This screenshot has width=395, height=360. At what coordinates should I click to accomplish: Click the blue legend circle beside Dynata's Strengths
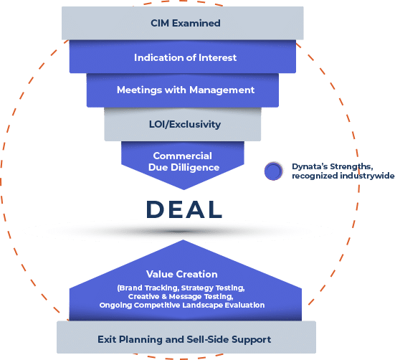tap(273, 171)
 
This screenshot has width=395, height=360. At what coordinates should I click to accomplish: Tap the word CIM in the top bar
tap(160, 23)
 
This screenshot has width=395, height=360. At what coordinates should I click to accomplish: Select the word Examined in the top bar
tap(196, 23)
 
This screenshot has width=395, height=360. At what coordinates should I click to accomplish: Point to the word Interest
tap(218, 57)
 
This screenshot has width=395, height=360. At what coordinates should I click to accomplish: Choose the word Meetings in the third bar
tap(139, 90)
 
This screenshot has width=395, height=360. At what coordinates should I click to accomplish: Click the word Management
tap(222, 90)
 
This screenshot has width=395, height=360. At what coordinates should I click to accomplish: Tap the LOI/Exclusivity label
tap(185, 124)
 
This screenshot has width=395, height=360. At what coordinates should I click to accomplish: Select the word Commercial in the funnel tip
tap(183, 156)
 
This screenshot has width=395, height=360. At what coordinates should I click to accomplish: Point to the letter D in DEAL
tap(155, 209)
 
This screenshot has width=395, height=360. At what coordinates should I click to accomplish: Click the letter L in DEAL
tap(216, 209)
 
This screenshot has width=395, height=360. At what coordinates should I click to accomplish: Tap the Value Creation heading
tap(182, 274)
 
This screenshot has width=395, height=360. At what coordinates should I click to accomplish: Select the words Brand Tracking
tap(148, 288)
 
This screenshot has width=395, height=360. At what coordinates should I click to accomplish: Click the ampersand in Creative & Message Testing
tap(164, 297)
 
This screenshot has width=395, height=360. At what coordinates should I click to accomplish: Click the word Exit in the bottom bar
tap(107, 339)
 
